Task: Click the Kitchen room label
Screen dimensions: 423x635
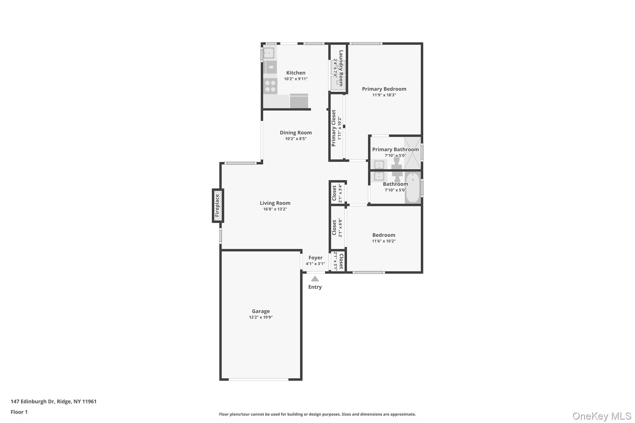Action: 295,73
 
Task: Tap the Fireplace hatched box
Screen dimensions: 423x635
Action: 218,205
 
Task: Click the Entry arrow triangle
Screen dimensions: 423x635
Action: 315,279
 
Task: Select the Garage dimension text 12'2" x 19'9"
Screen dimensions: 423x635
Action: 260,317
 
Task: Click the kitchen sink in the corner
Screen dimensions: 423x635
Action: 269,53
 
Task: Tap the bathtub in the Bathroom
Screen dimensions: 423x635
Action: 412,188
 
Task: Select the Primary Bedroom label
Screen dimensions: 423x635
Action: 384,89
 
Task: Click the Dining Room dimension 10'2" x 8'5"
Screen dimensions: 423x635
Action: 295,139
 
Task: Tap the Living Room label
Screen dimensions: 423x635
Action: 275,203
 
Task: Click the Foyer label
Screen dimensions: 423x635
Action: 315,258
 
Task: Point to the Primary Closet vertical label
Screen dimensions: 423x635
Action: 334,128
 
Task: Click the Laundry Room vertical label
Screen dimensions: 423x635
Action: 341,68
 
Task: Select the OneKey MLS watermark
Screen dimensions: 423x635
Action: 602,416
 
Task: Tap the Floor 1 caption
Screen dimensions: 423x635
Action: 19,412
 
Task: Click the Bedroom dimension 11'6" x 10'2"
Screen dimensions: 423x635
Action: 384,241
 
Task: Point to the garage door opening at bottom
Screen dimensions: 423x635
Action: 258,379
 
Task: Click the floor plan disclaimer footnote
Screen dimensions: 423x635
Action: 317,414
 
